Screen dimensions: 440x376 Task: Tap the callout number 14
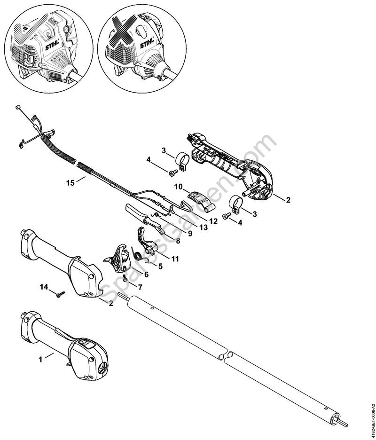click(44, 286)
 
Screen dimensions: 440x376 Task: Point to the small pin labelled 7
click(125, 278)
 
